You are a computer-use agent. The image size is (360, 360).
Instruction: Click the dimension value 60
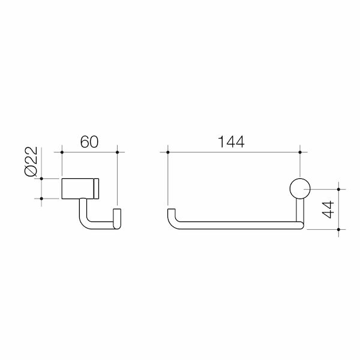pos(89,143)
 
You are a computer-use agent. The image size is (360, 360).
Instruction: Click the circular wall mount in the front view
pos(299,189)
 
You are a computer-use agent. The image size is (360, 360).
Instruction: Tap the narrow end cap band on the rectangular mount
pos(96,188)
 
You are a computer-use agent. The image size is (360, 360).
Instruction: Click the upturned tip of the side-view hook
pos(118,217)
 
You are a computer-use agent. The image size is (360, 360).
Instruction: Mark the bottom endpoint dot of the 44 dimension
pos(340,229)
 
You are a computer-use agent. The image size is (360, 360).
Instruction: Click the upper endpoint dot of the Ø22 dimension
pos(41,178)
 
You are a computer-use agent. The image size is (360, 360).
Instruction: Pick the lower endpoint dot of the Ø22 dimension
pos(41,199)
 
